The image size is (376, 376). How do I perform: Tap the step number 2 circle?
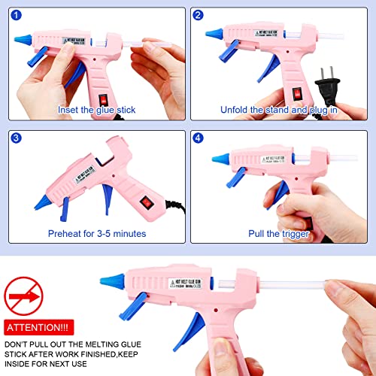pos(199,15)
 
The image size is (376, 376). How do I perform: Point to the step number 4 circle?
pos(199,138)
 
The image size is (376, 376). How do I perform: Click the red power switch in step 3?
pos(144,201)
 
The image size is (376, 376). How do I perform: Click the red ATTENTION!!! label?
pos(38,328)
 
